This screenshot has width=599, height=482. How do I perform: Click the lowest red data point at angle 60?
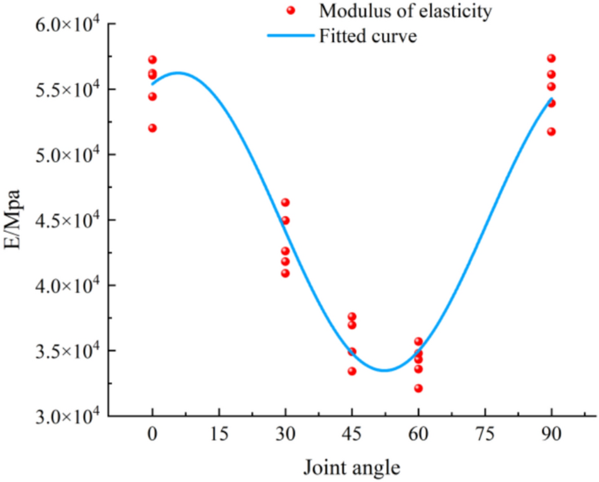418,388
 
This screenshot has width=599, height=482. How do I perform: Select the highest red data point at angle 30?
285,203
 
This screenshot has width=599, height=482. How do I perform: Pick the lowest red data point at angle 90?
551,131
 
